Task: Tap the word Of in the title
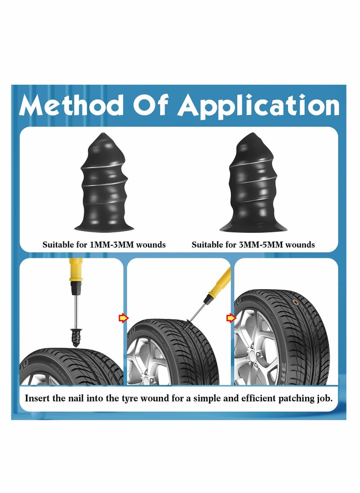pos(151,106)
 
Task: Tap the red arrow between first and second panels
pos(123,318)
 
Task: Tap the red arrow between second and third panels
pos(230,318)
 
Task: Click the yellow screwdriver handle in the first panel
pos(75,270)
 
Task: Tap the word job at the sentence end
pos(324,398)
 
